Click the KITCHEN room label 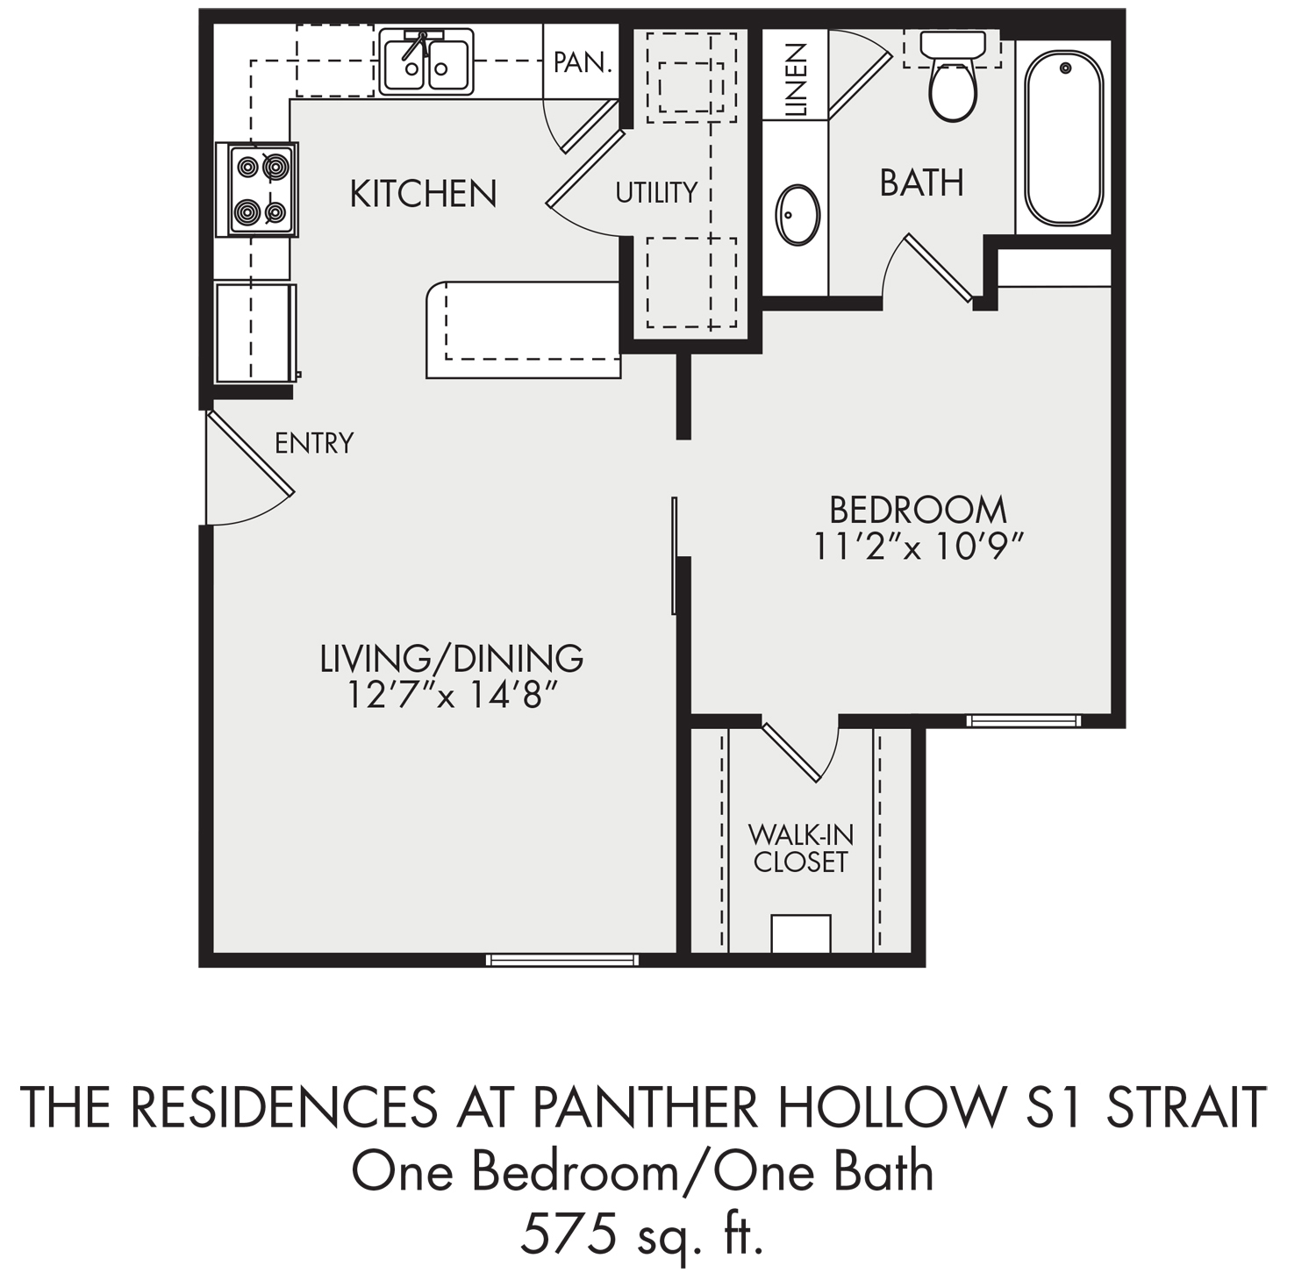click(424, 193)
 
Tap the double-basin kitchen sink click(426, 61)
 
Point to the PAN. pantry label click(582, 62)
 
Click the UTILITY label click(656, 192)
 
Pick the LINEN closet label click(795, 80)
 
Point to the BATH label click(921, 182)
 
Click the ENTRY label click(314, 443)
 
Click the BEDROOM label click(918, 510)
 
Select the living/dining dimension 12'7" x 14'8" click(451, 696)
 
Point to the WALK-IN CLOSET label click(800, 847)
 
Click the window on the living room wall click(562, 960)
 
